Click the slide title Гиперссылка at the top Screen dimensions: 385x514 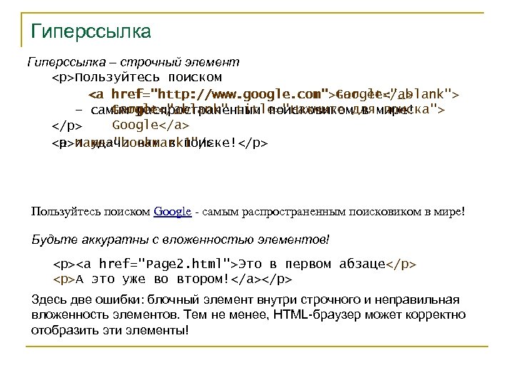point(91,32)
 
